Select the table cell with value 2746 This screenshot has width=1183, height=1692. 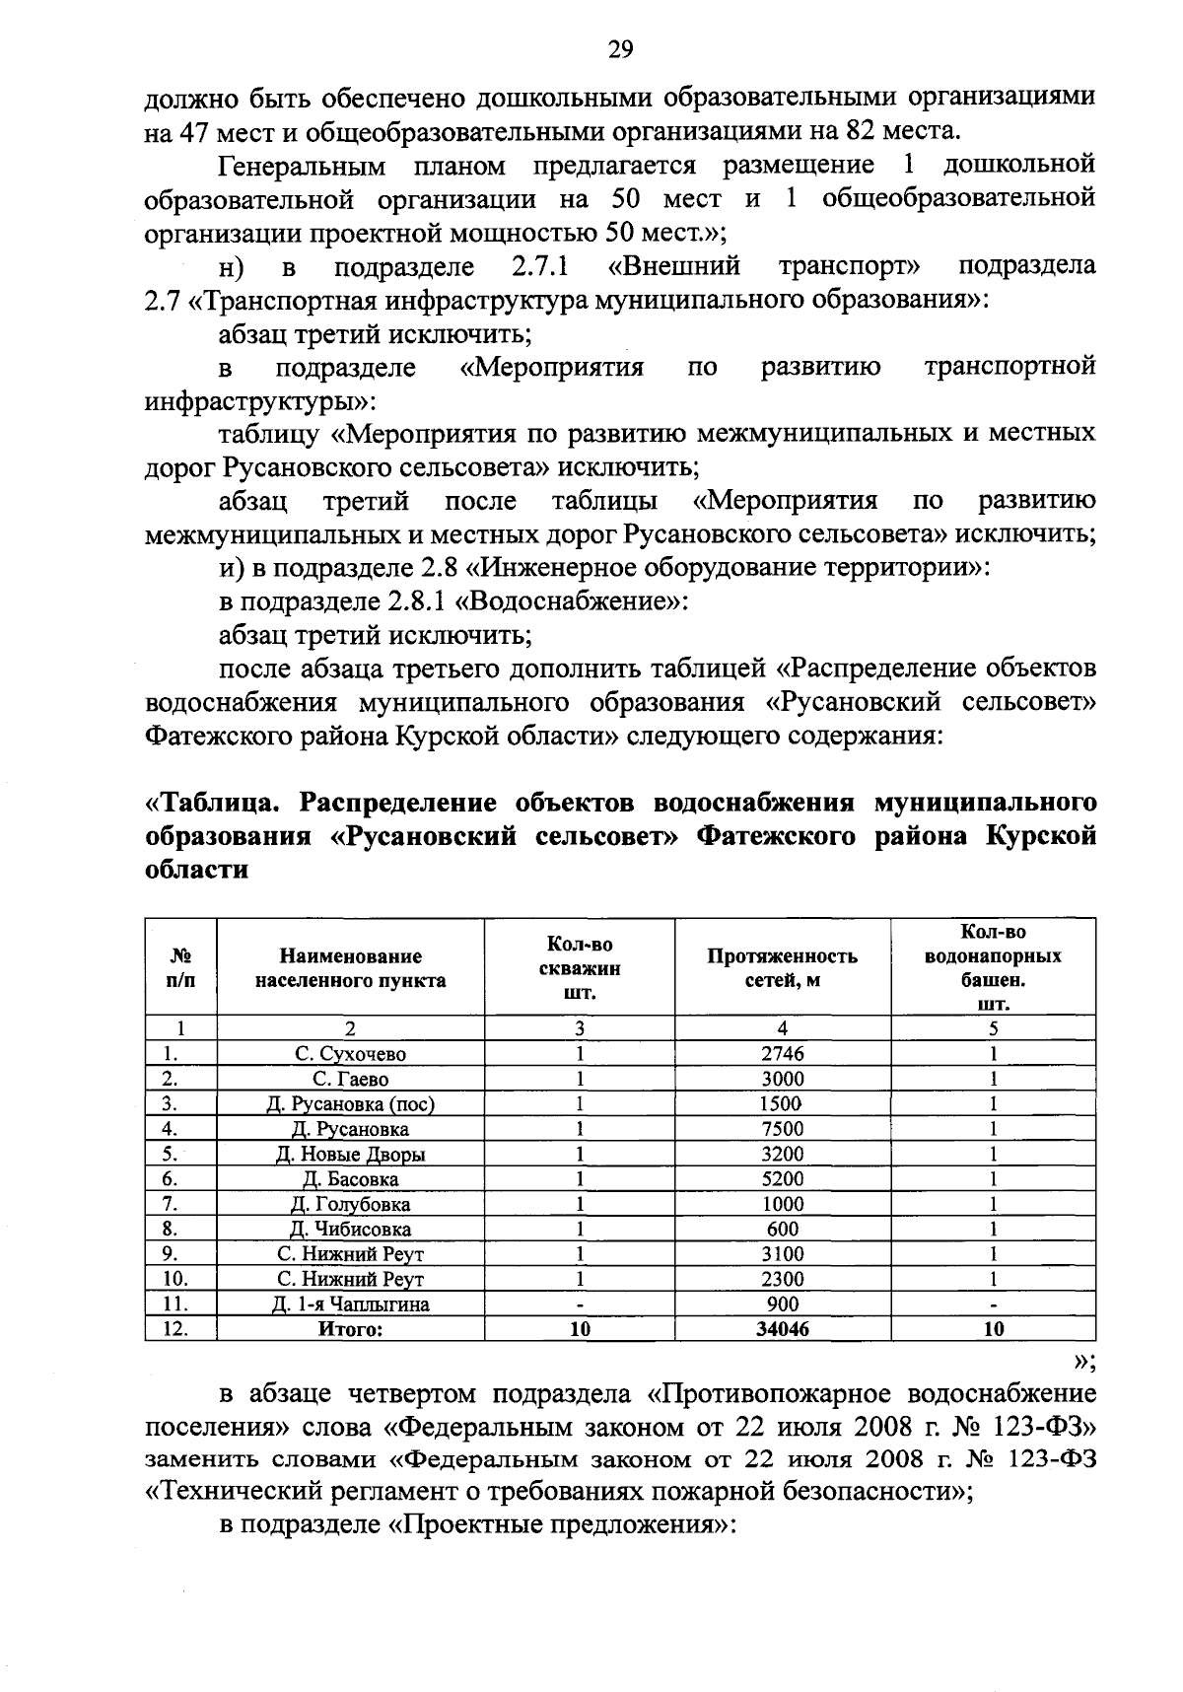783,1053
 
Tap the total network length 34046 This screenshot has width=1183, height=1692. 783,1329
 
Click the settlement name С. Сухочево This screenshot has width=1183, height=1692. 350,1053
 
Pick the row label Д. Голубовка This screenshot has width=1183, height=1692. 350,1204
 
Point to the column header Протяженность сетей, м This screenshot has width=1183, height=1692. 783,967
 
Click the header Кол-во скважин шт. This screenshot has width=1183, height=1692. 580,967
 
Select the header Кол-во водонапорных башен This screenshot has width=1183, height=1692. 993,967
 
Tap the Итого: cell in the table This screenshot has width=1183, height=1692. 350,1329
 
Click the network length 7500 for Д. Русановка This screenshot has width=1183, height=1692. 783,1129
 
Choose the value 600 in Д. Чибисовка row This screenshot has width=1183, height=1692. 783,1229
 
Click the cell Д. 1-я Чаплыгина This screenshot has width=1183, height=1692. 350,1304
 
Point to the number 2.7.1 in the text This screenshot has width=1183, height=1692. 541,266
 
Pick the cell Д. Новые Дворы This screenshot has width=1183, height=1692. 350,1154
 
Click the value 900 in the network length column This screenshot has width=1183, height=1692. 783,1304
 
